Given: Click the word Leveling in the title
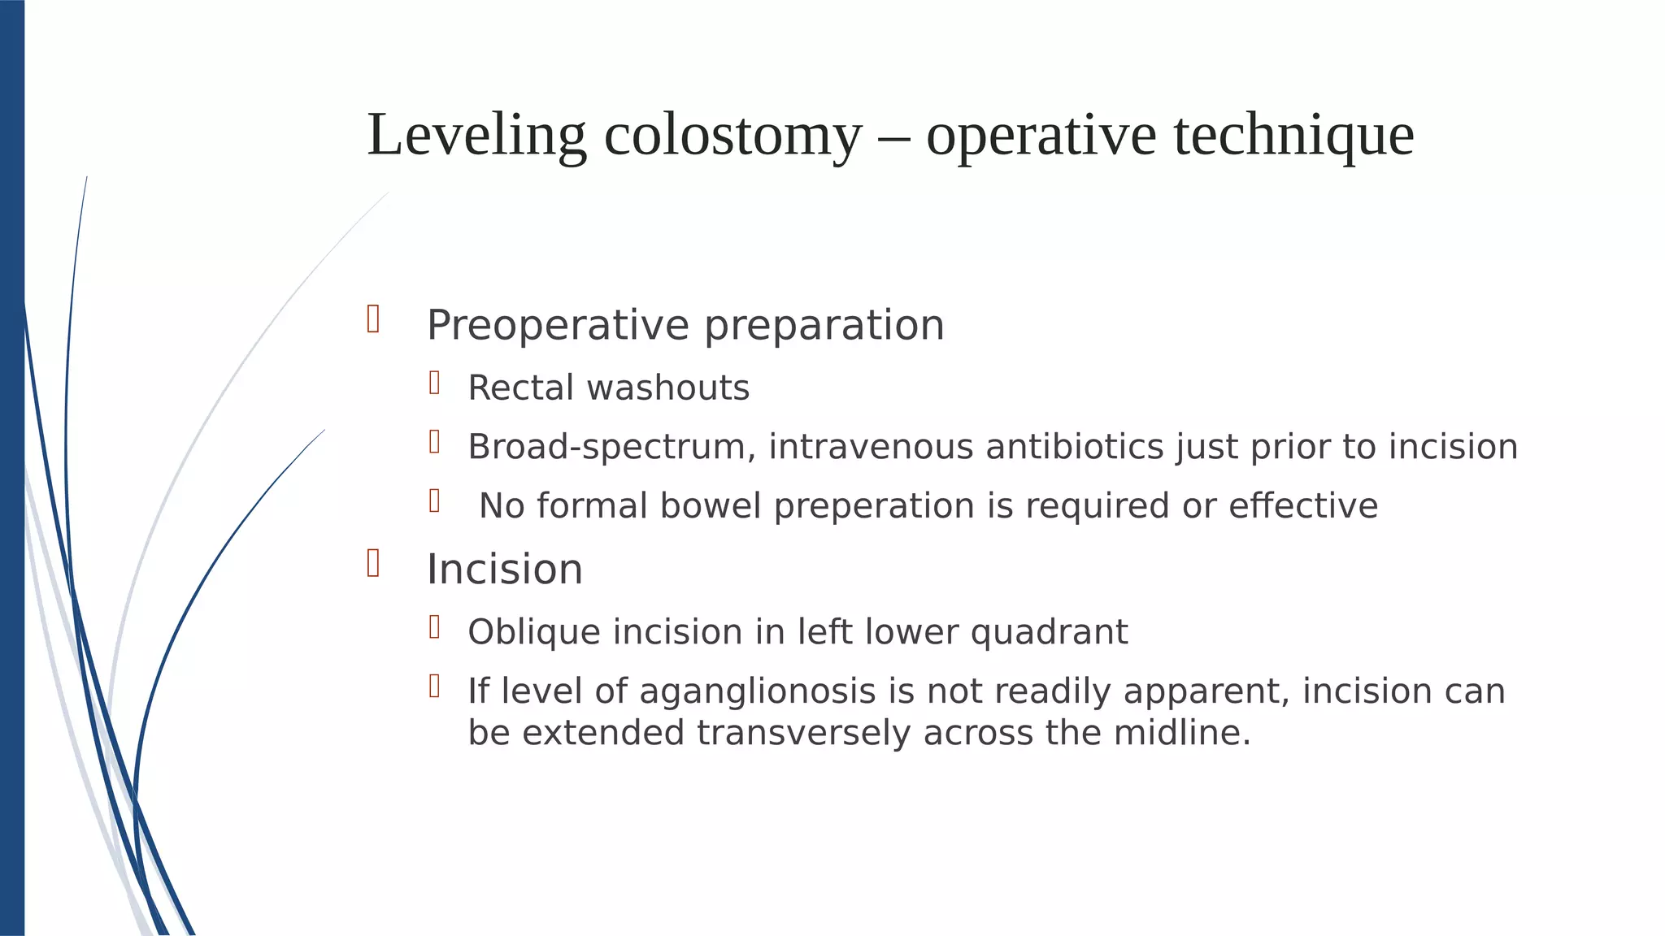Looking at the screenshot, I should pos(476,135).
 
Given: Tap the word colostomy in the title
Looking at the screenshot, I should pos(732,135).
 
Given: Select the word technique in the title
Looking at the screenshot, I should pos(1293,135).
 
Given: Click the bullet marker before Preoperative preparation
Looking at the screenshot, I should pos(373,318).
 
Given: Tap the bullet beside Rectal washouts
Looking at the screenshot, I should pos(435,383).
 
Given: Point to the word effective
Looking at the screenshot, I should pos(1302,506).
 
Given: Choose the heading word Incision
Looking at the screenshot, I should pos(505,570).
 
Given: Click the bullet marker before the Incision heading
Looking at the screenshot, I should pos(373,562).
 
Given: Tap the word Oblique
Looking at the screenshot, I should pos(534,633).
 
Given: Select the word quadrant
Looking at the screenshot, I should pos(1049,633).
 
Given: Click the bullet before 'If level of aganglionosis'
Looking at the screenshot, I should pos(435,686).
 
